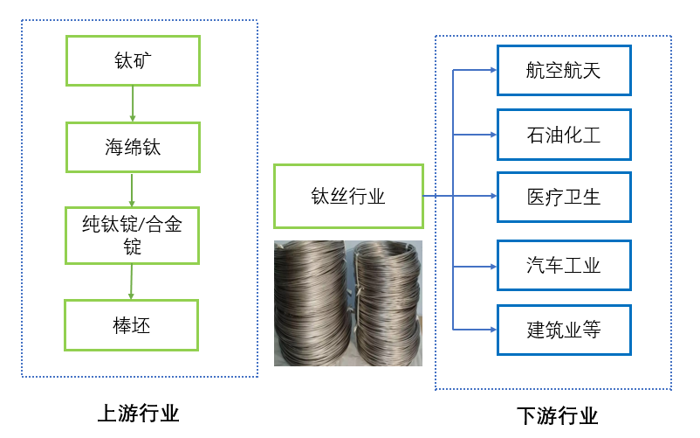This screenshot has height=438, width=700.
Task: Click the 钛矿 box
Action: (133, 60)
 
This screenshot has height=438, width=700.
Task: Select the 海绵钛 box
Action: (133, 147)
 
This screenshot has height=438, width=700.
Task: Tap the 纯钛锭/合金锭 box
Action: (133, 235)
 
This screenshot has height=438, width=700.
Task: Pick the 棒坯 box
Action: (132, 325)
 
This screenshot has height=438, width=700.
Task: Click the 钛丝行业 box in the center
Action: (348, 196)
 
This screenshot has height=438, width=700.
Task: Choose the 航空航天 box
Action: (564, 70)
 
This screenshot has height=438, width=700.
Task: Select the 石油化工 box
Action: (564, 135)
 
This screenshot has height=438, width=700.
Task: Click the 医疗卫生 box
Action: (564, 197)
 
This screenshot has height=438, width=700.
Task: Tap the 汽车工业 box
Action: (564, 265)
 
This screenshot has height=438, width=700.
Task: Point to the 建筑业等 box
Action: (564, 330)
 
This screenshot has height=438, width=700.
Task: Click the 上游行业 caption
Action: (138, 413)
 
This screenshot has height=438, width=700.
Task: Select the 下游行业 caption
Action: (557, 415)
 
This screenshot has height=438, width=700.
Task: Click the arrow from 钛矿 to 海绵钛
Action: (133, 104)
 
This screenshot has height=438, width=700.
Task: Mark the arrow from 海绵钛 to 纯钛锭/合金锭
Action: (132, 190)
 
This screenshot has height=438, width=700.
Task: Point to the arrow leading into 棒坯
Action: (131, 282)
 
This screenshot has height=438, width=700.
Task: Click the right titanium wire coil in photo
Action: (387, 302)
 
